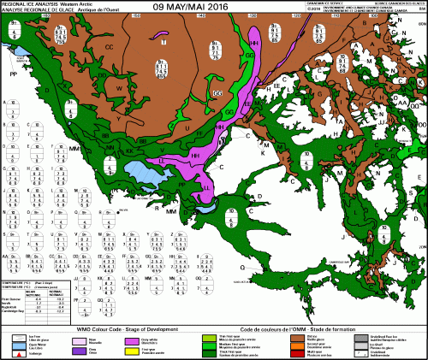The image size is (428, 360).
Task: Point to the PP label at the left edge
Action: (13, 74)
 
